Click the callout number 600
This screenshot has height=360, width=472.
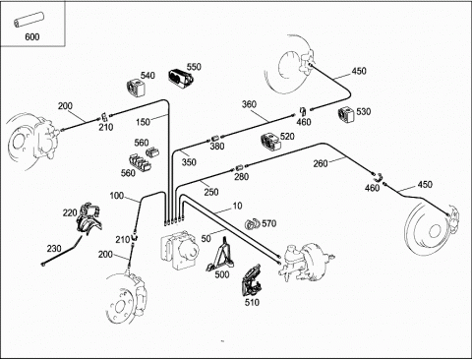point(32,36)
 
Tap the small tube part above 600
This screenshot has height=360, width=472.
point(29,20)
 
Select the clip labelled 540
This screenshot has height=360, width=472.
point(136,88)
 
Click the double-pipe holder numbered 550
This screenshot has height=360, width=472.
point(181,79)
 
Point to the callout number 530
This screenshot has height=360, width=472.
point(364,111)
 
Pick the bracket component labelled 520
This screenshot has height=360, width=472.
point(270,143)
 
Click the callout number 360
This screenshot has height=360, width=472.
point(249,104)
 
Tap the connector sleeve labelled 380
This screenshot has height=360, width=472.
point(215,138)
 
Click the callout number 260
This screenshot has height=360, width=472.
point(321,163)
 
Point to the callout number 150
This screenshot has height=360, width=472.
point(143,122)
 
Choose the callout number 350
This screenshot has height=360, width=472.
point(189,162)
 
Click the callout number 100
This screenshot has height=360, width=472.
point(117,196)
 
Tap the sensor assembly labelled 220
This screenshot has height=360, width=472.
point(89,218)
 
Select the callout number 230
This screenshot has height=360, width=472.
point(54,249)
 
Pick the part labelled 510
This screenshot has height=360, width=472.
point(252,281)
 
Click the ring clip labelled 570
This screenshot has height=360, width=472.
point(252,224)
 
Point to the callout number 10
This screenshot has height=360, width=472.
point(237,206)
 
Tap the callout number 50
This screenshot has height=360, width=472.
point(206,239)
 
